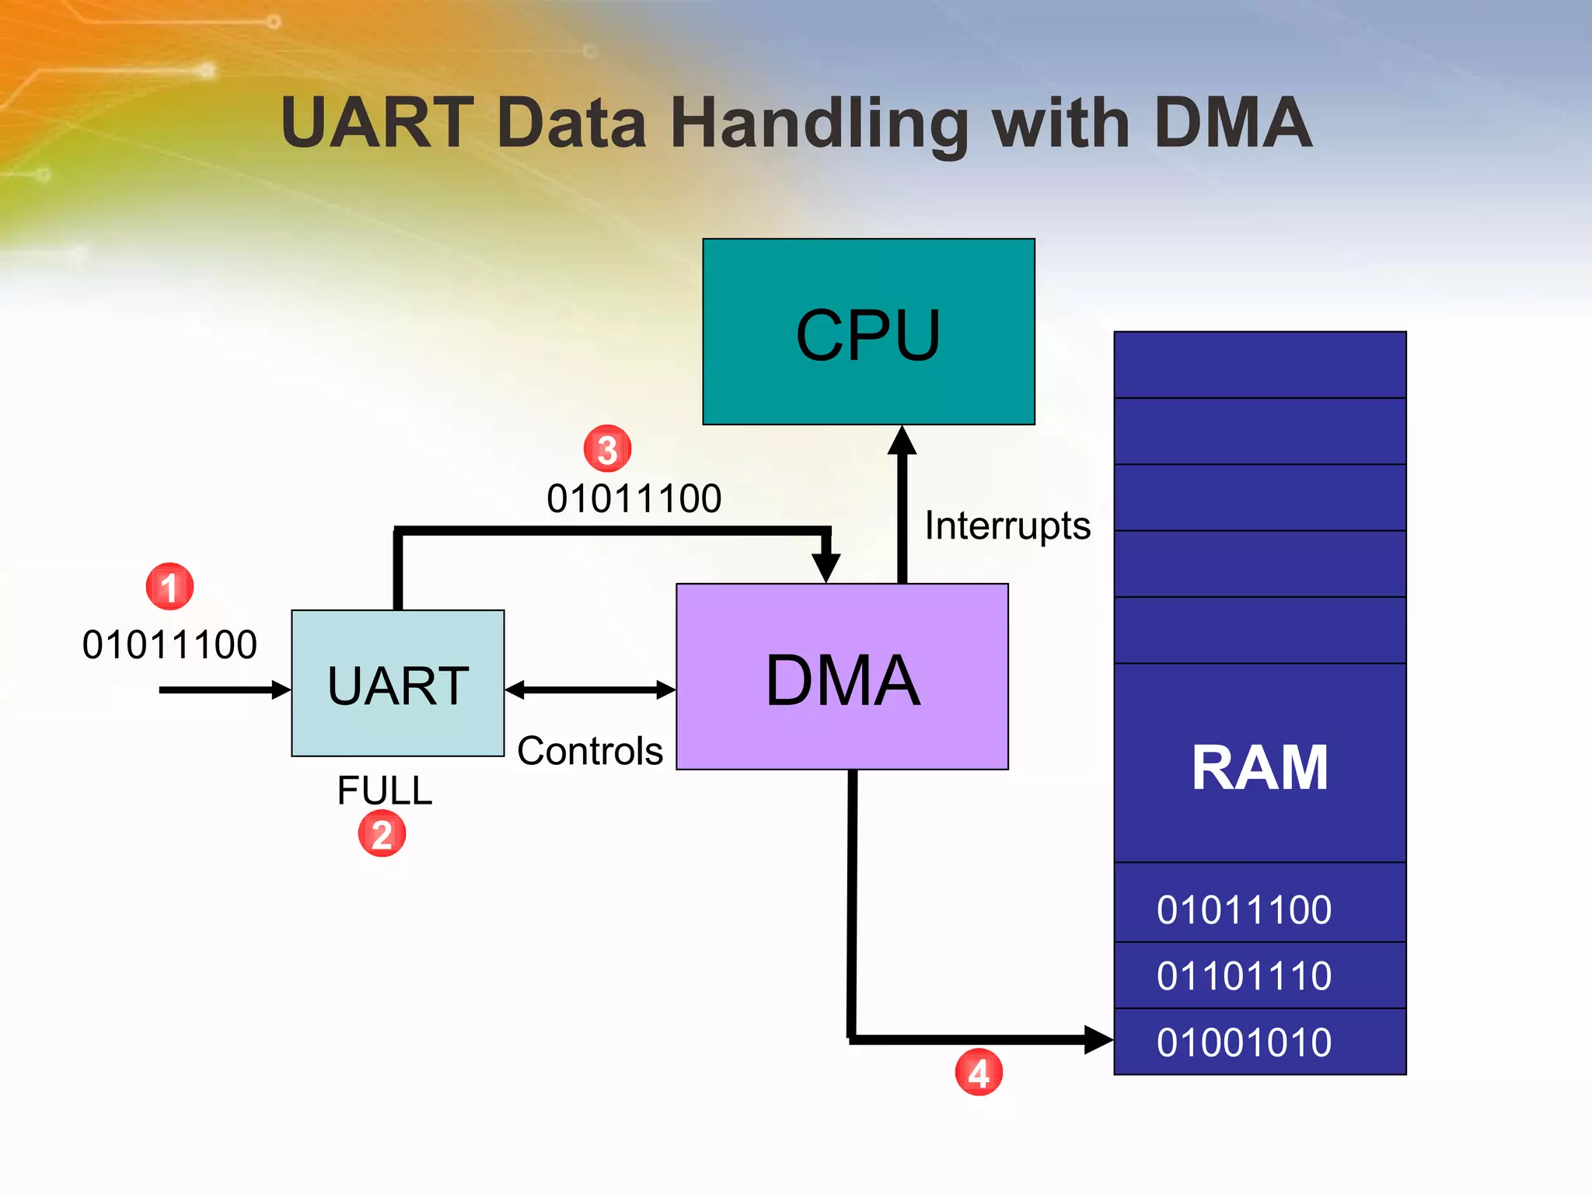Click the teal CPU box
coord(868,332)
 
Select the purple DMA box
coord(842,677)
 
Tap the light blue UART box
coord(397,683)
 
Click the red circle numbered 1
coord(169,587)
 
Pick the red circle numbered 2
coord(382,834)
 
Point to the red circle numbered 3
coord(607,449)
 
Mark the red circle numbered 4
coord(979,1073)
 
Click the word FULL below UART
coord(384,791)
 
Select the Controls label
coord(590,751)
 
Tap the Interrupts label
coord(1007,525)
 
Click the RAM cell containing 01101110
coord(1259,976)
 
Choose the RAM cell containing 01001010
coord(1259,1042)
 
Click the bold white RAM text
coord(1259,768)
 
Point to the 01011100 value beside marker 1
coord(169,644)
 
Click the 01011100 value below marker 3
coord(634,498)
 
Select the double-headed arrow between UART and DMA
coord(590,690)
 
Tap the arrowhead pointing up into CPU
coord(902,441)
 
